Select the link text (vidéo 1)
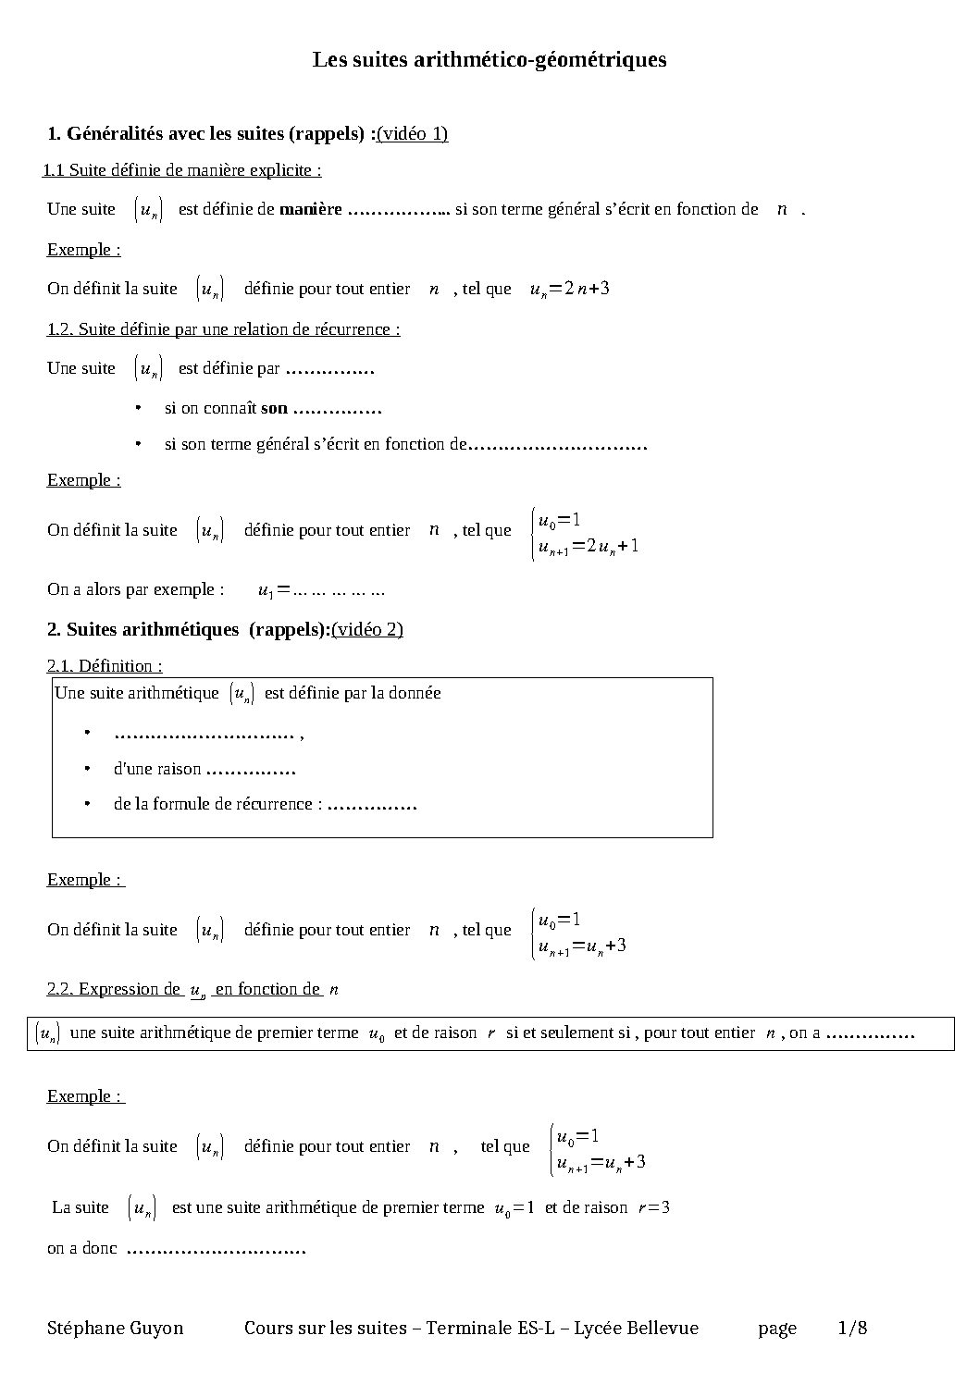(413, 134)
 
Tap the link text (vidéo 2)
(367, 630)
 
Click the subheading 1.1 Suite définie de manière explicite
(182, 170)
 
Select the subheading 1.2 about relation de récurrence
(223, 329)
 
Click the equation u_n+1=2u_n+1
(589, 546)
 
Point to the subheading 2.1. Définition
(105, 666)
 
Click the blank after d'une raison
(251, 770)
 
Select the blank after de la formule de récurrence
(373, 805)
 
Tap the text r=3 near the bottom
(653, 1208)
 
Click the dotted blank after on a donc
(216, 1249)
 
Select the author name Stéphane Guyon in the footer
(116, 1329)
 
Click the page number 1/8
(852, 1329)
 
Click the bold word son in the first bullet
(274, 408)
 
